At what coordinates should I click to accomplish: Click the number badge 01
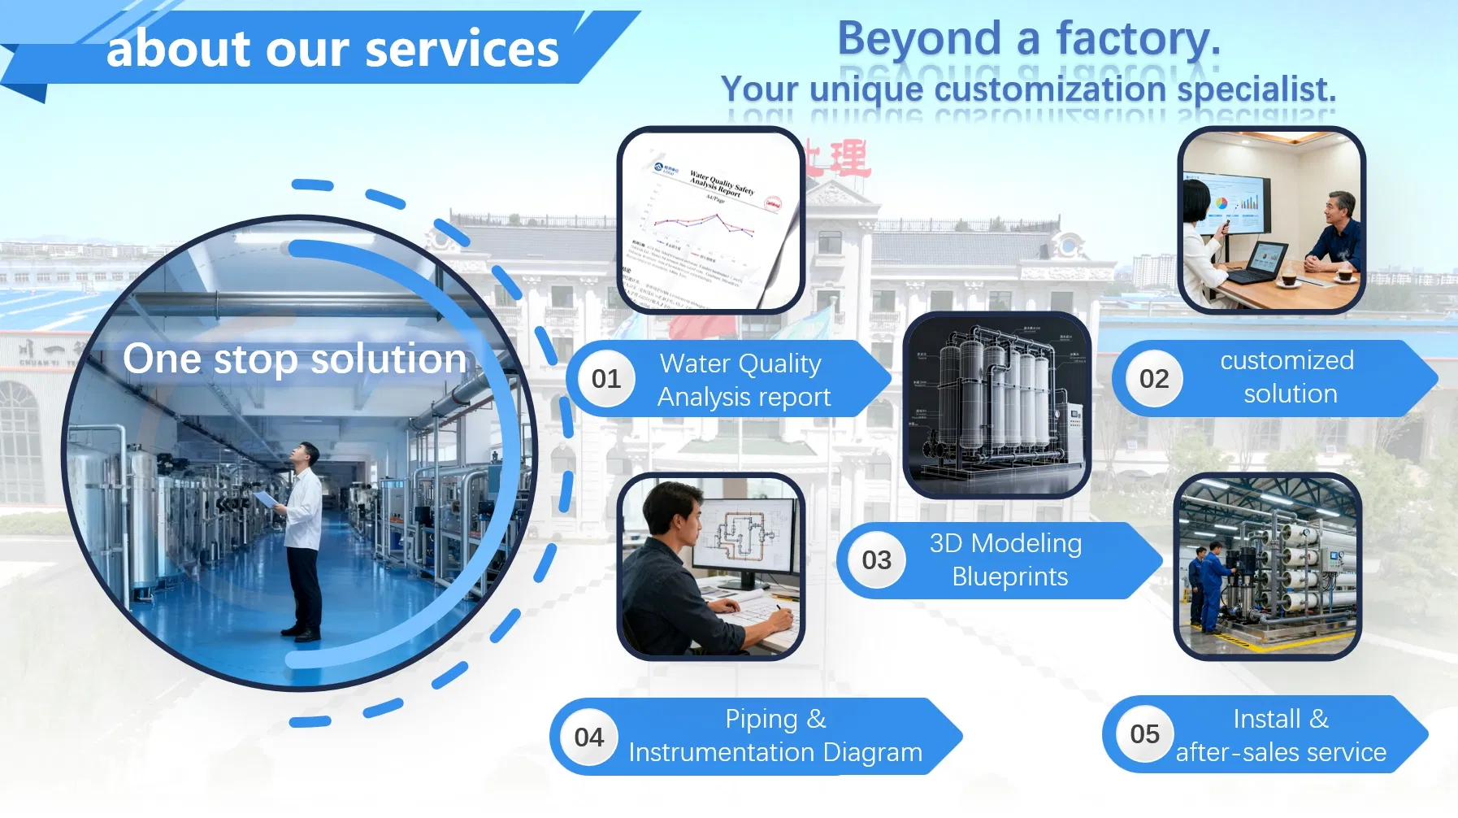point(605,379)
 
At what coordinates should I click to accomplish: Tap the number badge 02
point(1153,379)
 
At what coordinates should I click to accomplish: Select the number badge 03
point(876,560)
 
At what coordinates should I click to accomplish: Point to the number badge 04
point(589,738)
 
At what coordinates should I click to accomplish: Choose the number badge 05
point(1144,734)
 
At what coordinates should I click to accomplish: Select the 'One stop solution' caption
point(295,359)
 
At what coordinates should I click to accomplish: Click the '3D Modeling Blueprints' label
point(1007,560)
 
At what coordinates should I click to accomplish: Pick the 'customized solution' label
point(1288,377)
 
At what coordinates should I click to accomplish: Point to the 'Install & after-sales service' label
point(1281,735)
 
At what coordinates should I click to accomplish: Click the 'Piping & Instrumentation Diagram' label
point(775,736)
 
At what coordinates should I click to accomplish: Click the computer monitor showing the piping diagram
point(744,537)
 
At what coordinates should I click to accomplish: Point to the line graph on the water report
point(704,223)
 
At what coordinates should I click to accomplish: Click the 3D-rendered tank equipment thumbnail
point(997,404)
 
